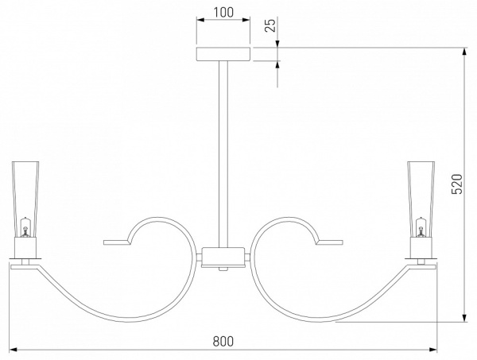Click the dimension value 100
click(x=223, y=13)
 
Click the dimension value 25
click(x=270, y=25)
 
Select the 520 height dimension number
click(x=456, y=184)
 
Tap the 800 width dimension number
click(x=223, y=341)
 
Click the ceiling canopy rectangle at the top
click(x=223, y=54)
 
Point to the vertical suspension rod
click(x=223, y=154)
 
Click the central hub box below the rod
click(x=223, y=257)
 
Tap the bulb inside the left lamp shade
click(x=25, y=227)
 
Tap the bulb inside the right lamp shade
click(x=421, y=227)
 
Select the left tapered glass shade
click(x=25, y=199)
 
